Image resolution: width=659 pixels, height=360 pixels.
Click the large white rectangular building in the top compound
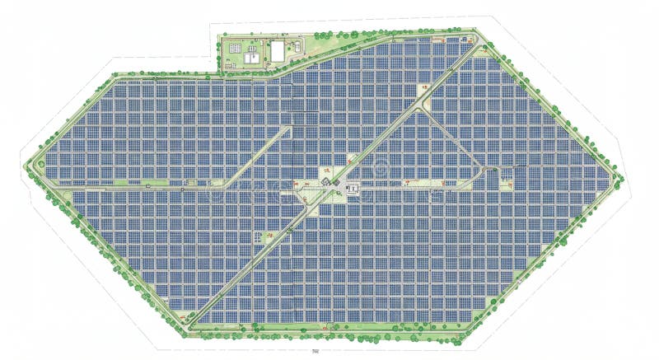(x=278, y=51)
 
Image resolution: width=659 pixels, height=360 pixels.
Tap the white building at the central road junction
(x=353, y=189)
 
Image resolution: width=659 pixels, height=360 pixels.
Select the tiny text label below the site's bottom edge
(x=315, y=352)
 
